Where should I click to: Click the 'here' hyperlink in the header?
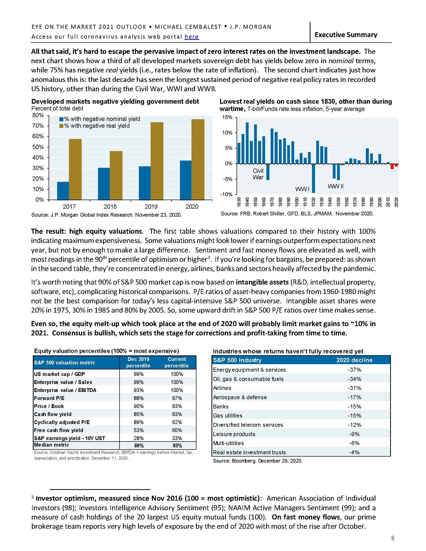click(191, 37)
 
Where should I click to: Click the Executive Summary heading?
click(346, 35)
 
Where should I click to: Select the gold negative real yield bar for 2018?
click(116, 175)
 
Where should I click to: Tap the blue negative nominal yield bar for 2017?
click(63, 191)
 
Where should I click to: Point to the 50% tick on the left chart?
click(38, 147)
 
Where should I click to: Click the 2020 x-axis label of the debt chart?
click(192, 207)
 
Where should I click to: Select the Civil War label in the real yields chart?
click(258, 174)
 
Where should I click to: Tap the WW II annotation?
click(335, 186)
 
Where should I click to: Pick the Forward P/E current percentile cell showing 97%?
click(177, 398)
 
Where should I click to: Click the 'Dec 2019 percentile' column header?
click(138, 362)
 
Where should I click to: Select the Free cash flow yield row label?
click(59, 430)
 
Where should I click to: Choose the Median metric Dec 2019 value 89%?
click(139, 446)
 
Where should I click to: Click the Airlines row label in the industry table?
click(222, 388)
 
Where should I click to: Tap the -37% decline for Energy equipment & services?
click(354, 370)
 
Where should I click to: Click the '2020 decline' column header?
click(354, 360)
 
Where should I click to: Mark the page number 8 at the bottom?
click(392, 538)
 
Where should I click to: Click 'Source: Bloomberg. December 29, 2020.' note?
click(257, 461)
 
